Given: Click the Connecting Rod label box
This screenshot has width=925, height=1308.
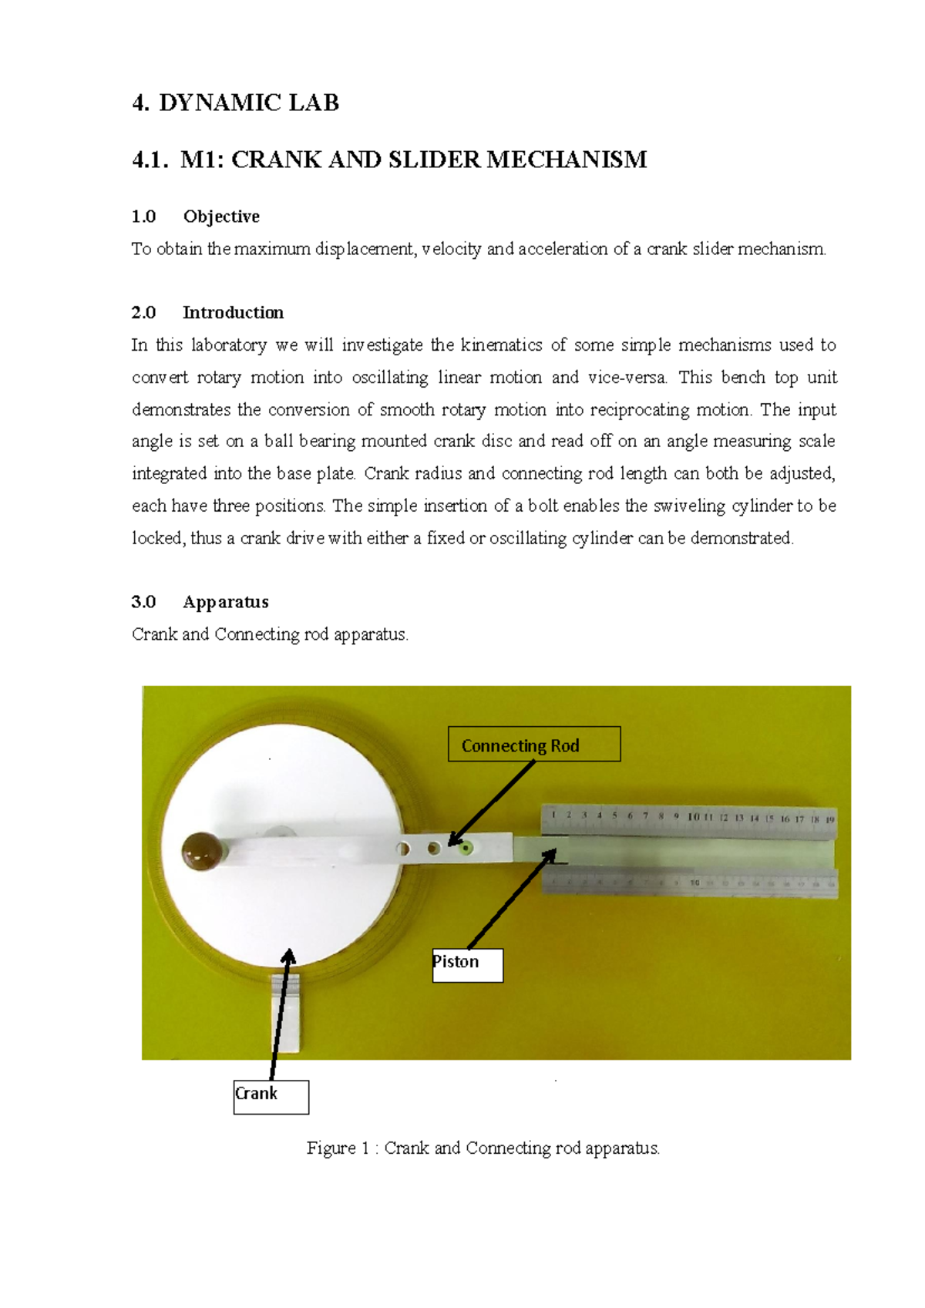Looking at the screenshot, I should (533, 745).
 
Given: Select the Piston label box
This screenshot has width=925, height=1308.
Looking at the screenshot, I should (467, 965).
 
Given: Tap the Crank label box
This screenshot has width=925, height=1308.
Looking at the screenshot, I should (271, 1097).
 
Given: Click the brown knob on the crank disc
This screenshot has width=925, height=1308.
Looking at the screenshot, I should (202, 851).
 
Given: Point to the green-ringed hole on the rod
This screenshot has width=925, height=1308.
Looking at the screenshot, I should (465, 849).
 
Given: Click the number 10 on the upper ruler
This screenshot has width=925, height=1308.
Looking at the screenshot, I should (693, 817).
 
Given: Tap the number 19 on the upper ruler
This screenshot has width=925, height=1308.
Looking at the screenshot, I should (829, 819).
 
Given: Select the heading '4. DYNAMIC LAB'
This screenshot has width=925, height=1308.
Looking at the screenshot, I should (235, 103).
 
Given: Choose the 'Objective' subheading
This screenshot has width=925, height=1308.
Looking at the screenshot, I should (220, 217).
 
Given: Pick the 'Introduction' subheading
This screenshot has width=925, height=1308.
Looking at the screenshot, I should (233, 312).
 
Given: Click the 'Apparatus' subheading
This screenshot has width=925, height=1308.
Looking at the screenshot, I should (225, 602).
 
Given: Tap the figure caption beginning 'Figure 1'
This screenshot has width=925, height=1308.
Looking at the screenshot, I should (483, 1148).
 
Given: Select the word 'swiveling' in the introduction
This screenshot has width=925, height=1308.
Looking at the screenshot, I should (688, 506).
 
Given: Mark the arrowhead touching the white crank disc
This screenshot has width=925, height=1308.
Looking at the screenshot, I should (289, 957).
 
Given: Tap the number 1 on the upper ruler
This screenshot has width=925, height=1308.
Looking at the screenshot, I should (553, 814).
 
